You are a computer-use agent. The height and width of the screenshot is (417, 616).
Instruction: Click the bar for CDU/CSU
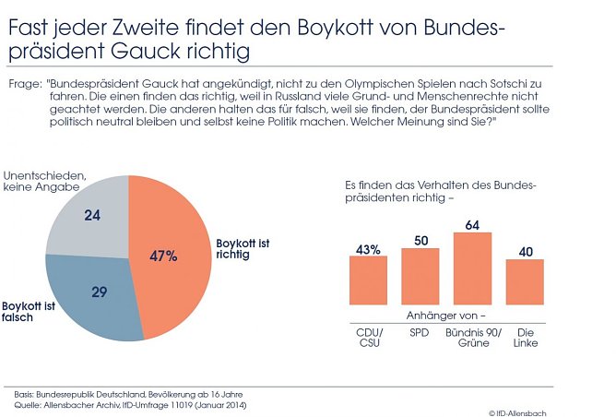point(368,280)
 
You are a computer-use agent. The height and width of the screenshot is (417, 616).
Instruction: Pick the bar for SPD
point(421,277)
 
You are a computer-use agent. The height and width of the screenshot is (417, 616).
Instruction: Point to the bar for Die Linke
point(525,282)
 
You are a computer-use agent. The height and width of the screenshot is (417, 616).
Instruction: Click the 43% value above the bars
point(368,248)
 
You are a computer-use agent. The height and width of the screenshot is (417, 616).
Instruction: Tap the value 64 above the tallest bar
point(472,224)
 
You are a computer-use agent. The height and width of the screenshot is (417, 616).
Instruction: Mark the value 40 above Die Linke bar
point(525,252)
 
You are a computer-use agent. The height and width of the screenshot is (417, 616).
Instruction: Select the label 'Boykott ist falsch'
point(30,311)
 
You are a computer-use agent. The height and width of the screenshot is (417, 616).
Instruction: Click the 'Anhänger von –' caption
point(445,315)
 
